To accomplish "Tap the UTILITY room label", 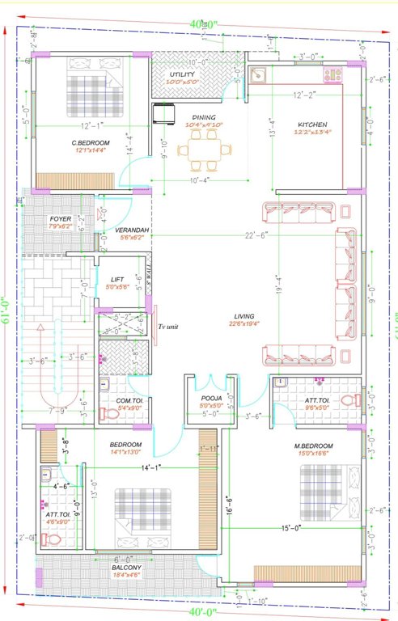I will [170, 73].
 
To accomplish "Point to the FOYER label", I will [61, 219].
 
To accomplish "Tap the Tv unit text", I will [168, 326].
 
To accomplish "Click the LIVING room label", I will [245, 316].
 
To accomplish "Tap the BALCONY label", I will [125, 568].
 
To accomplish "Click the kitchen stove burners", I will [332, 75].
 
